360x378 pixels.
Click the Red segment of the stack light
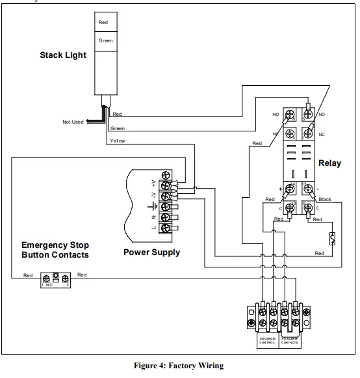(103, 23)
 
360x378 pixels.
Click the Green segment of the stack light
(105, 40)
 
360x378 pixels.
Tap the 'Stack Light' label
(63, 55)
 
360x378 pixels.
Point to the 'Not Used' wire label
(72, 122)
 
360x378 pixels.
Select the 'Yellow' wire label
(118, 141)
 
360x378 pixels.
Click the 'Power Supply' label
(152, 252)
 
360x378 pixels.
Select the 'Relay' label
(329, 163)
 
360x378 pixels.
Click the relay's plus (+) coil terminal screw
(291, 188)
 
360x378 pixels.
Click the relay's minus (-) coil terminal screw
(309, 188)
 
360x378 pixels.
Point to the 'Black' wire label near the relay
(325, 199)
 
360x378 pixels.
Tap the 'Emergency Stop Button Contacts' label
(55, 250)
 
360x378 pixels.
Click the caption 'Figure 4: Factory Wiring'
(179, 366)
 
